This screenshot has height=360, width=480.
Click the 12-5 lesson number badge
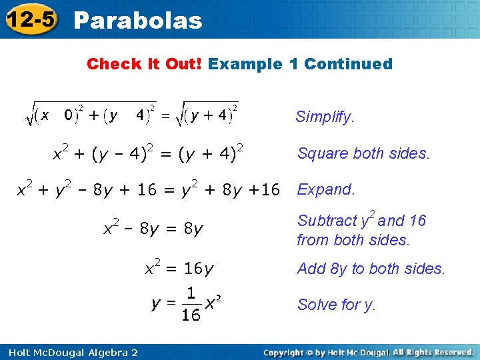point(31,20)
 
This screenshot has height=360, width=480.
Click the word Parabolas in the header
point(138,21)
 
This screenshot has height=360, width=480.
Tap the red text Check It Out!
point(145,64)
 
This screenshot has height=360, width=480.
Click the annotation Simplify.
point(325,118)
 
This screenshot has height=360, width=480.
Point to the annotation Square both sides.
point(364,153)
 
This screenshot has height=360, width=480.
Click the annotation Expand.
point(326,189)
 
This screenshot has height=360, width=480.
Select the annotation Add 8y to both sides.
point(371,269)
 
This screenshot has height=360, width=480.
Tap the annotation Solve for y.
point(337,305)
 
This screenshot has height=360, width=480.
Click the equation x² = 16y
point(180,268)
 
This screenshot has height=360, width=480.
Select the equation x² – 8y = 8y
point(153,229)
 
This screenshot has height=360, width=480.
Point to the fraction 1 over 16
point(191,303)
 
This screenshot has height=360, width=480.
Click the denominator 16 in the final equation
point(191,315)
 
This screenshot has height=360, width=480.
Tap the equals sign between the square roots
point(166,115)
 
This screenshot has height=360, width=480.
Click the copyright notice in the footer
point(368,352)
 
